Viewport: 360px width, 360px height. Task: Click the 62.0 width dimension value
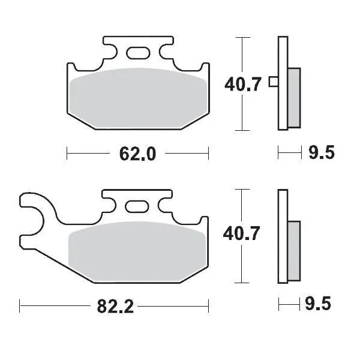click(137, 154)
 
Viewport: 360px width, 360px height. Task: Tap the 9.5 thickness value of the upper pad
click(321, 154)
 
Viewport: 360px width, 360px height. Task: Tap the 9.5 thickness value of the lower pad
click(321, 304)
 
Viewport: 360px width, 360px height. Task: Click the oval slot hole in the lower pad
click(137, 207)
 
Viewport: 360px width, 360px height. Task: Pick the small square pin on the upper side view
click(274, 82)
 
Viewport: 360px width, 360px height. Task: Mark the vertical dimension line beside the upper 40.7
click(241, 114)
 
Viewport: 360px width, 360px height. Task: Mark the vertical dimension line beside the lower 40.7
click(241, 264)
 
